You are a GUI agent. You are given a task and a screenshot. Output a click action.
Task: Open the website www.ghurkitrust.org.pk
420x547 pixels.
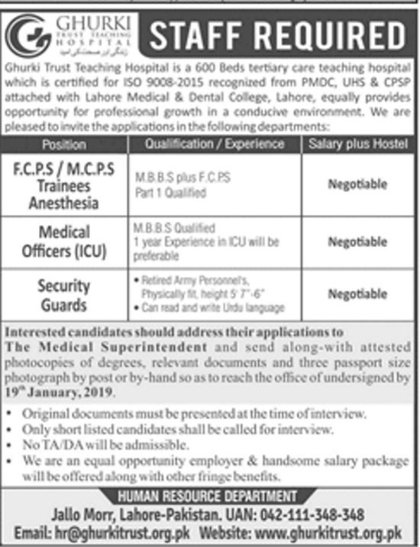[336, 532]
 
